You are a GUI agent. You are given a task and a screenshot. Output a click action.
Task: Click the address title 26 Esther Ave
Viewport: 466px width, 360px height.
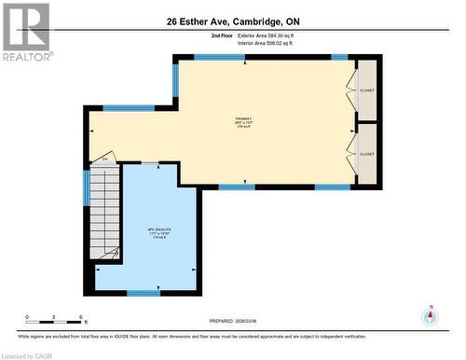tap(232, 21)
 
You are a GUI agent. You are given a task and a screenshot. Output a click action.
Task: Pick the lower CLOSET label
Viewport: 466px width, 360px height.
tap(367, 154)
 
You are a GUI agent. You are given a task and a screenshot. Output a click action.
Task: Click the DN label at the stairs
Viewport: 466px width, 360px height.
tap(105, 159)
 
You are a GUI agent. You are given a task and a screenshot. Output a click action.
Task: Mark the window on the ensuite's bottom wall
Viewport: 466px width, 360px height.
tap(143, 292)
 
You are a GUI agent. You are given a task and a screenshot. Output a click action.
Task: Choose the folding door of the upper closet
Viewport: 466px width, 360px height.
tap(352, 90)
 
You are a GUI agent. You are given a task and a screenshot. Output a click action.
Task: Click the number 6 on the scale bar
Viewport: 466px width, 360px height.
tap(82, 317)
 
